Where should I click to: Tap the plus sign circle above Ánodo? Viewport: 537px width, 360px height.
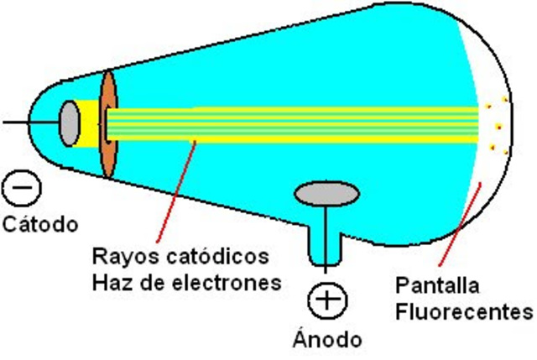point(328,300)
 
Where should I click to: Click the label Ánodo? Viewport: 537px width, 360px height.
point(328,339)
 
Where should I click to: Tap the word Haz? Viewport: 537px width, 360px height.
point(110,282)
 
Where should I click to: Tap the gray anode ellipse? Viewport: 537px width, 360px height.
point(328,194)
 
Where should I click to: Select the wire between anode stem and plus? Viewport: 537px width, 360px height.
point(327,272)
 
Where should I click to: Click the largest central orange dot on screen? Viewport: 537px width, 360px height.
point(498,128)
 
